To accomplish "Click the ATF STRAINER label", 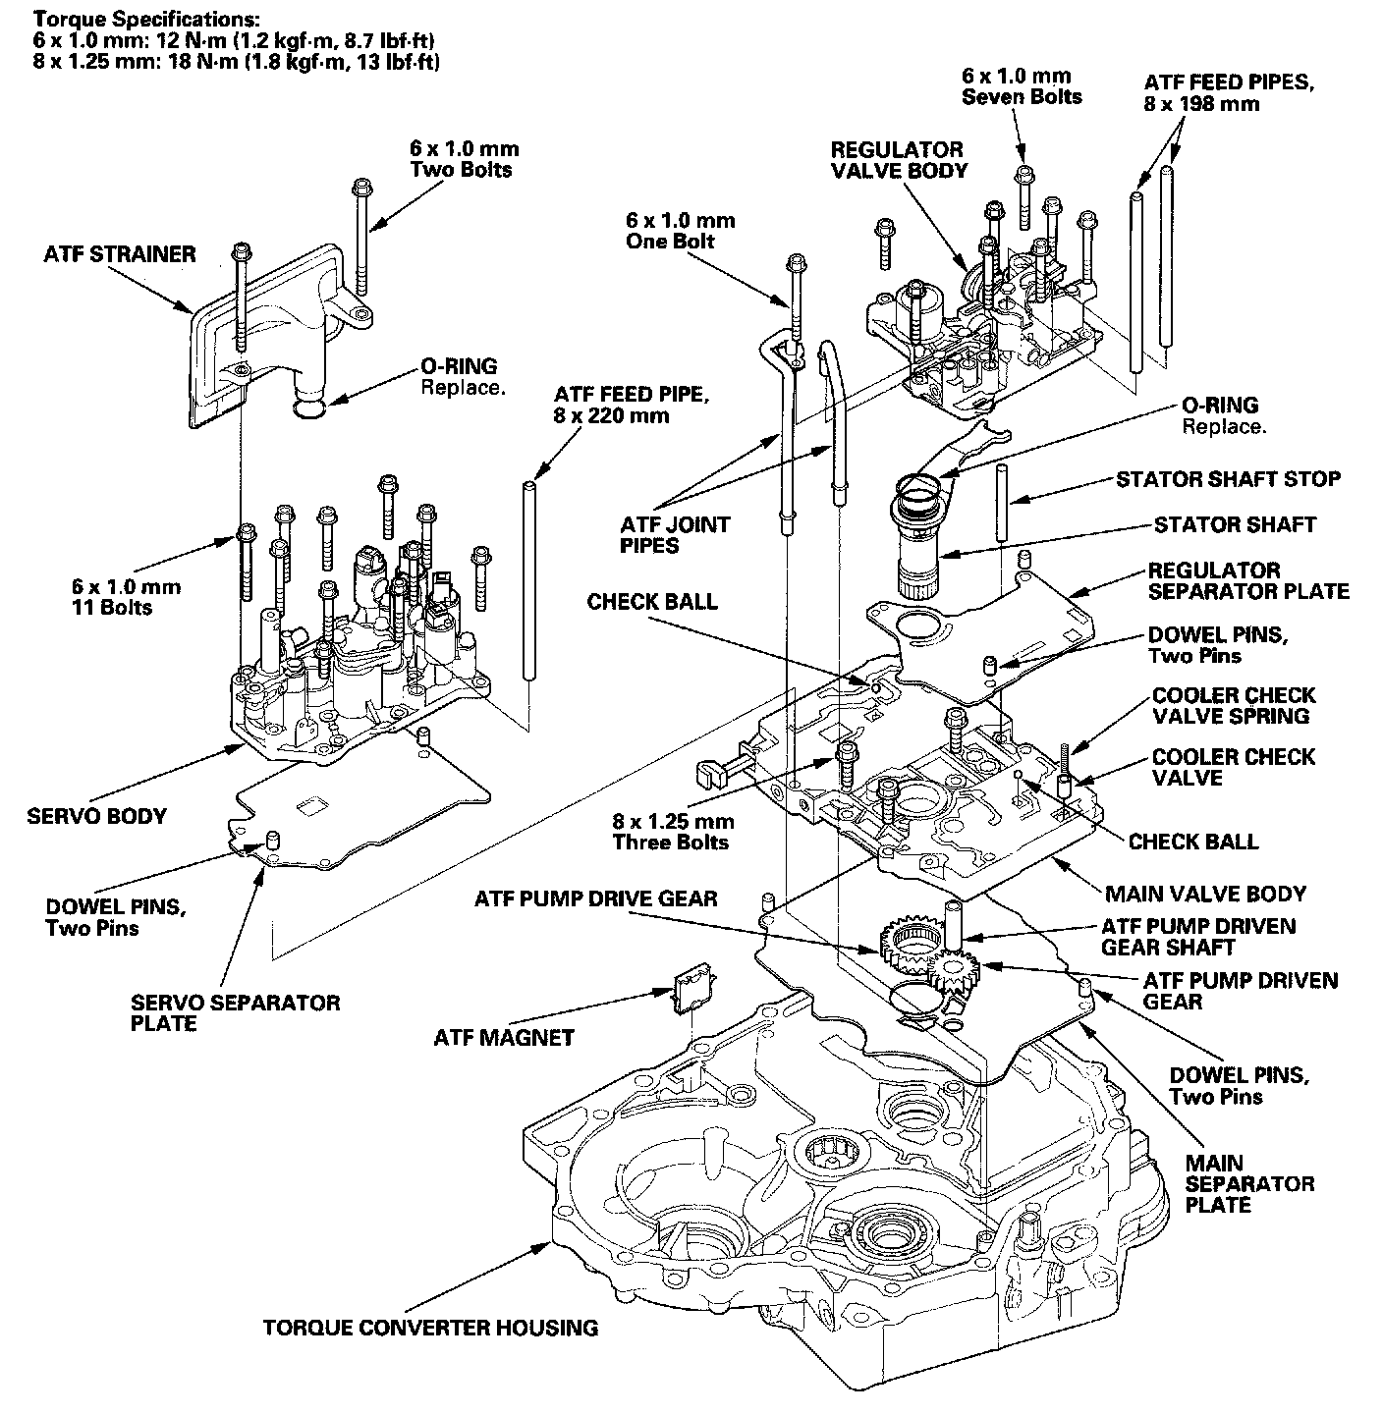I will [x=119, y=254].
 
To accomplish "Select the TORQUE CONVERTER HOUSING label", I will [x=430, y=1328].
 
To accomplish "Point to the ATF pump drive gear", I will [x=906, y=944].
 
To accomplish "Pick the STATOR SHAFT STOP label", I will [x=1228, y=479].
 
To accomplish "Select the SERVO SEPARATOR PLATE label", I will [x=235, y=1012].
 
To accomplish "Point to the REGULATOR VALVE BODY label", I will [x=898, y=160].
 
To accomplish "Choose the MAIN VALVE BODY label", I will [x=1205, y=894].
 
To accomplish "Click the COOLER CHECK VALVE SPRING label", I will [x=1233, y=705].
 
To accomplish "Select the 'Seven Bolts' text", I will [x=1022, y=96].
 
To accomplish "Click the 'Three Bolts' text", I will [x=672, y=843].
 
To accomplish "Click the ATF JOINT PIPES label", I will [x=675, y=534].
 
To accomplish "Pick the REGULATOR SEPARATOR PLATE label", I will [x=1247, y=580].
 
